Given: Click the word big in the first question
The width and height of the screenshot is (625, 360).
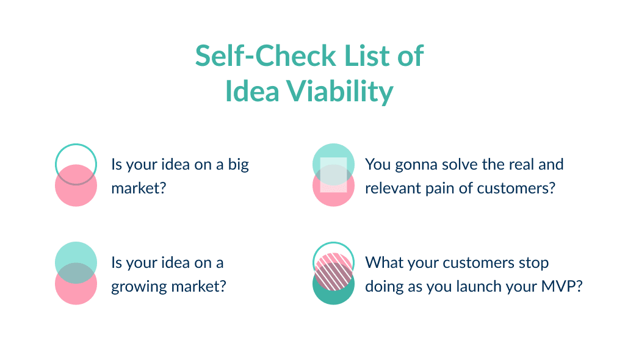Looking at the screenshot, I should click(238, 165).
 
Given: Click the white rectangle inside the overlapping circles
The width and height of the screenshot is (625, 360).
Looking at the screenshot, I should click(334, 175).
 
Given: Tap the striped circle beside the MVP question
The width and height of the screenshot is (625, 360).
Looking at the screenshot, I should click(334, 268).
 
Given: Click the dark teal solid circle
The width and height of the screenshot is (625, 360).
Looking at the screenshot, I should click(334, 292).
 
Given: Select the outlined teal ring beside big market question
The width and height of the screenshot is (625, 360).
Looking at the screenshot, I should click(76, 156).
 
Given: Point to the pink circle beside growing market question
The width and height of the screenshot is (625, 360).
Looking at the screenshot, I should click(76, 290).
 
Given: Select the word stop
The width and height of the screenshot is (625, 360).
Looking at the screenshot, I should click(533, 263).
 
